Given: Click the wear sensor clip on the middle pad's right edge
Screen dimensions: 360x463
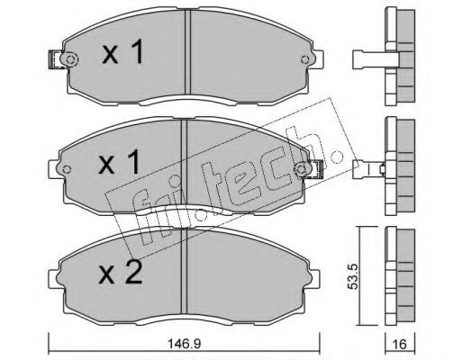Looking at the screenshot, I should coord(317,166).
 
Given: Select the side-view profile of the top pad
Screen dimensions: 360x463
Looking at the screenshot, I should coord(396,52).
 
